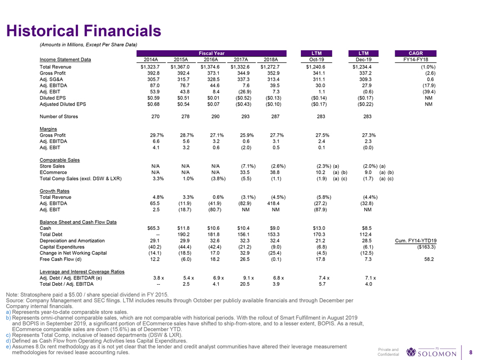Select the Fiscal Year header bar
click(211, 53)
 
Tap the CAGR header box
click(414, 53)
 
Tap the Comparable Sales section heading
click(60, 159)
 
